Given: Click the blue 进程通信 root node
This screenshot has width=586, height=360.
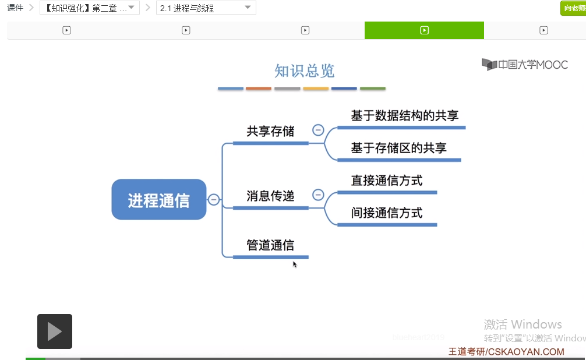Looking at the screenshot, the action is (159, 200).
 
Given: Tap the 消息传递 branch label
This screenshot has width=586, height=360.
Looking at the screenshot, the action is (270, 196).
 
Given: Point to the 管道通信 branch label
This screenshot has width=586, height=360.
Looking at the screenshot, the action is (270, 245).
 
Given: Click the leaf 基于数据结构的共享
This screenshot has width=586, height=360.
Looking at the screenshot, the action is (401, 116).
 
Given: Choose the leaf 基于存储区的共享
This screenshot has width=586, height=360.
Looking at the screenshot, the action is (398, 148).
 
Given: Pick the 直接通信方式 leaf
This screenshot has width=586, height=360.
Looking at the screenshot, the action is (387, 181).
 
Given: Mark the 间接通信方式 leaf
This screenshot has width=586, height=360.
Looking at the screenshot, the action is (387, 213).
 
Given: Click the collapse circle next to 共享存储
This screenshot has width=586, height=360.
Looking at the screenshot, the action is (318, 130).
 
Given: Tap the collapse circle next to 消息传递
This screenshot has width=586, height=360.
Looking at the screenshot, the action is (318, 195).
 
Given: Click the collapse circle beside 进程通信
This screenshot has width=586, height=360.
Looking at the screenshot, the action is (214, 200).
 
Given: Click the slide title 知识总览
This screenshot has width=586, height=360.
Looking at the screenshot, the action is (305, 71).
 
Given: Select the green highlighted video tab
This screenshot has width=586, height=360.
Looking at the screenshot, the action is (424, 30).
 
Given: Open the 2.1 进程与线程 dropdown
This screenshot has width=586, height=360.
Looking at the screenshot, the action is (206, 8).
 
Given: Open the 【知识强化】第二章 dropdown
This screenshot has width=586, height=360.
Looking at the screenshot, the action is (90, 8).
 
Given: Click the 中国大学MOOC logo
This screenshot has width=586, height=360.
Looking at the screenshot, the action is (525, 65).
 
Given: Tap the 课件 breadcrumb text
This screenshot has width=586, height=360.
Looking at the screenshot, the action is (15, 8).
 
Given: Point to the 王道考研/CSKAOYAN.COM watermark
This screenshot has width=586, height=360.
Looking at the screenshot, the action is (506, 352).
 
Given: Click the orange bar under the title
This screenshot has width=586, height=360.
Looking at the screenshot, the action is (259, 89).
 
